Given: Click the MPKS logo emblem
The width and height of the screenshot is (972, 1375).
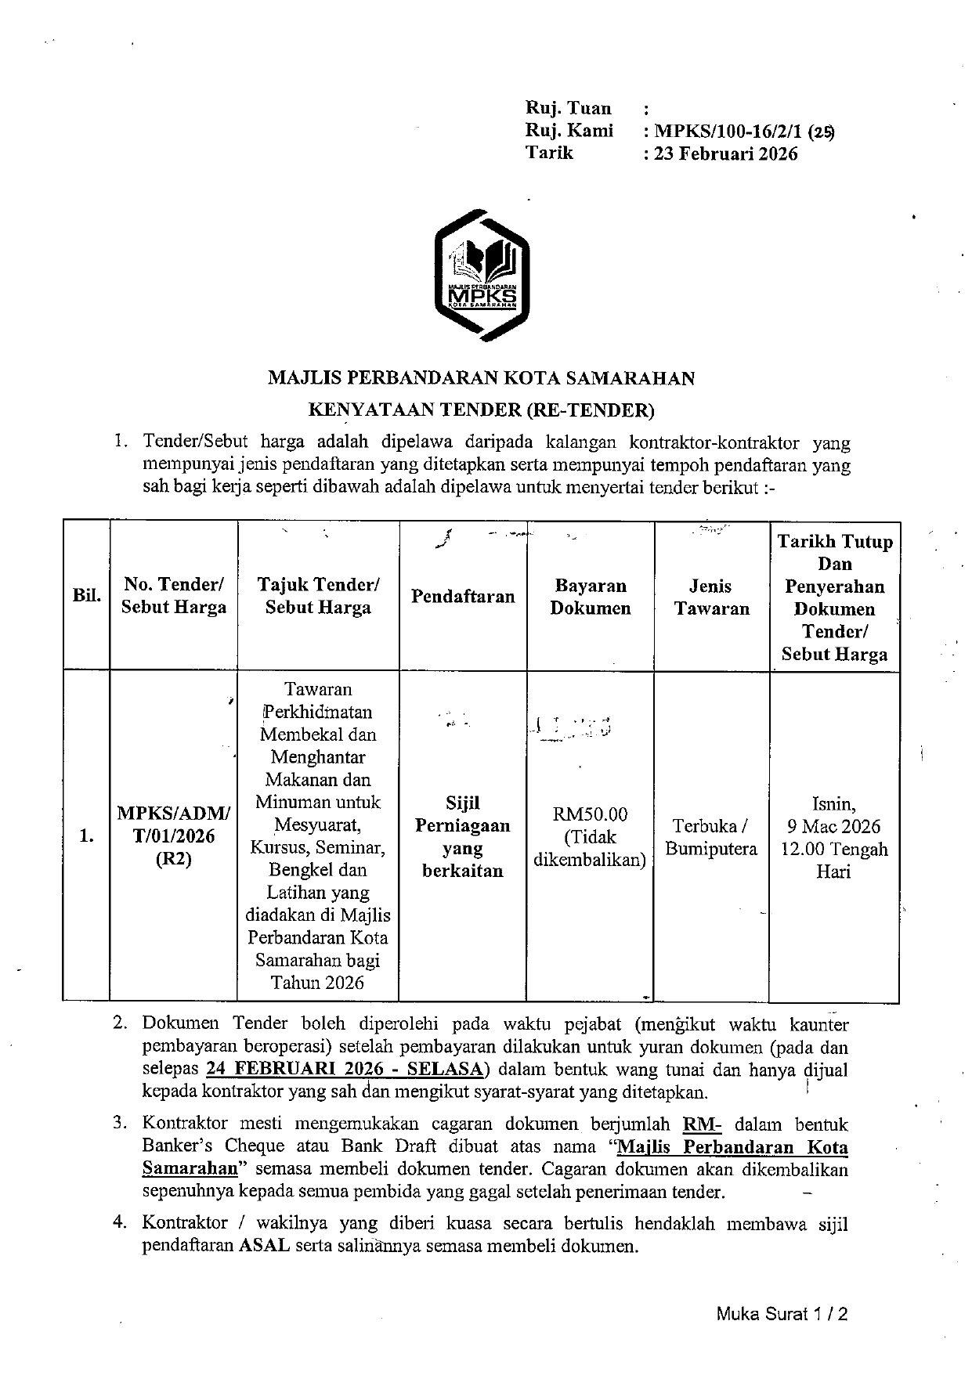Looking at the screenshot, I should click(481, 275).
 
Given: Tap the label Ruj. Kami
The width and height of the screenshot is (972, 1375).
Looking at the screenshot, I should click(569, 131).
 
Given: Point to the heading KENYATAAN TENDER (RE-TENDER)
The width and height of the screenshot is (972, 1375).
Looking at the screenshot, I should click(481, 410).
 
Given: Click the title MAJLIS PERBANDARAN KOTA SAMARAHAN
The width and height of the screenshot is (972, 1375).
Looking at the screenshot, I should click(481, 378).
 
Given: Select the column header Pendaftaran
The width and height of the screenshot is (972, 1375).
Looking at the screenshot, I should click(463, 597).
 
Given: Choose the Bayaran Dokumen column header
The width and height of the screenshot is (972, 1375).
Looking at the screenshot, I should click(590, 597).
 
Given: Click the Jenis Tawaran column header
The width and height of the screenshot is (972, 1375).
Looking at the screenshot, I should click(711, 597).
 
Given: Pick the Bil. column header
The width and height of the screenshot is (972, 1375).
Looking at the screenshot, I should click(86, 595).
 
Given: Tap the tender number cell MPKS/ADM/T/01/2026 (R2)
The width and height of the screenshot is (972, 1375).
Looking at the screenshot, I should click(174, 835).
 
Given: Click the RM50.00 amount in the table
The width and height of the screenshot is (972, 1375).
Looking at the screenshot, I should click(590, 814).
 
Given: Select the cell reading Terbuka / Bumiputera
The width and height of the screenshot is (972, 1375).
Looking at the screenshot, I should click(711, 837).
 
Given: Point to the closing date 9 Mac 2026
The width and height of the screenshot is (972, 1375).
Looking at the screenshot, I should click(834, 826).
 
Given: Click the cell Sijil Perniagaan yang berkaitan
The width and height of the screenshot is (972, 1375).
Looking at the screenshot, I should click(463, 836).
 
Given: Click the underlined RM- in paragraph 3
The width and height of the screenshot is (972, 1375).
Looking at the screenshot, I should click(702, 1124).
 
